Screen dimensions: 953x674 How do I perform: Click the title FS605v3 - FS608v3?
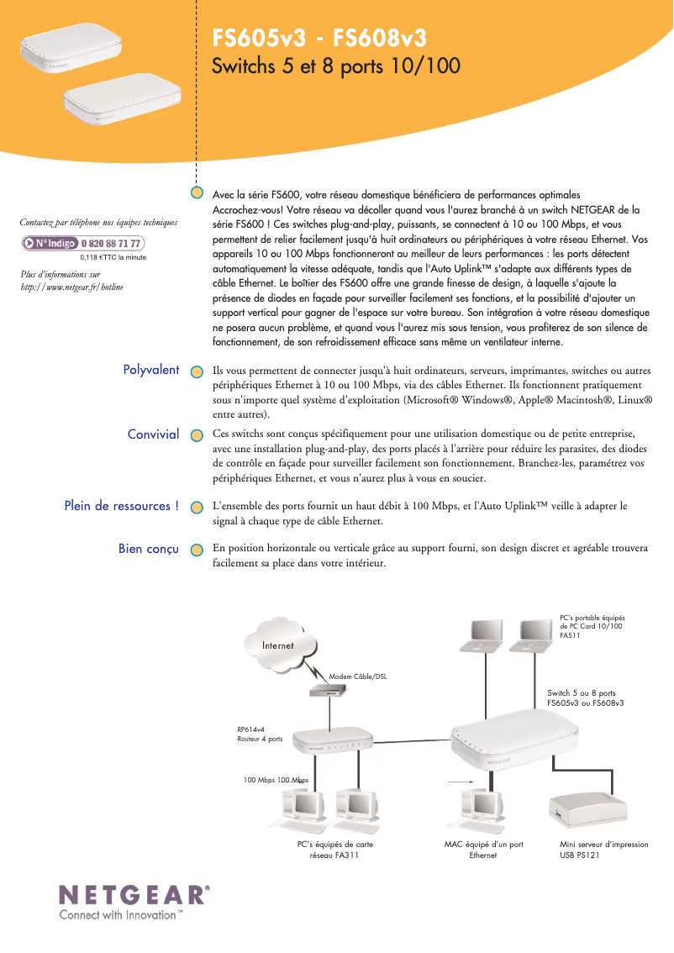pyautogui.click(x=319, y=39)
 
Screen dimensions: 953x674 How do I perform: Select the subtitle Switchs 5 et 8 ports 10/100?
pyautogui.click(x=336, y=66)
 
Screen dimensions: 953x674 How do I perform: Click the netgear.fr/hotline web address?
pyautogui.click(x=71, y=287)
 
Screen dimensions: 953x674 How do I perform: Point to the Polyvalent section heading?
pyautogui.click(x=151, y=370)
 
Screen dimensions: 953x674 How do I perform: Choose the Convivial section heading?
pyautogui.click(x=153, y=434)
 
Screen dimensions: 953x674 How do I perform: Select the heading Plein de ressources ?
pyautogui.click(x=122, y=506)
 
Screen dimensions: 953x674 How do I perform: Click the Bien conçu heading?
pyautogui.click(x=149, y=549)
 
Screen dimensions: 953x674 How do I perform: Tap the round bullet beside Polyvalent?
pyautogui.click(x=196, y=371)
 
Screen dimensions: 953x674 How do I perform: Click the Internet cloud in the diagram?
pyautogui.click(x=277, y=645)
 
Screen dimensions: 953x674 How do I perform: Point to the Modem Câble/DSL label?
pyautogui.click(x=358, y=677)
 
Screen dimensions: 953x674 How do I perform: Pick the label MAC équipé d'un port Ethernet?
pyautogui.click(x=483, y=850)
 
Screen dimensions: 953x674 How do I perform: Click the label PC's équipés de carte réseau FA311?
pyautogui.click(x=335, y=850)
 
